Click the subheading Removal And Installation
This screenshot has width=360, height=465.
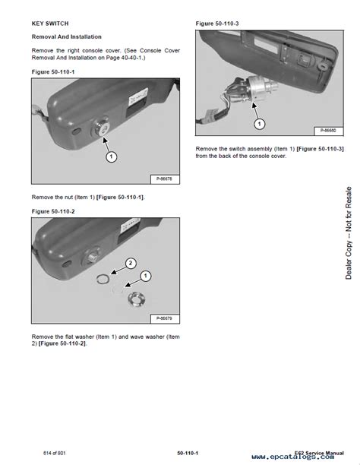coord(66,36)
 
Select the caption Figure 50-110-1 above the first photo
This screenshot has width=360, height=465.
coord(58,72)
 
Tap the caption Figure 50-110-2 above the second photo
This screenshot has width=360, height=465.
coord(58,210)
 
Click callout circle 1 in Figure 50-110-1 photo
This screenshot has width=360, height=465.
coord(110,157)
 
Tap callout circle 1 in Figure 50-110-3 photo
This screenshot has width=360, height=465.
coord(260,122)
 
